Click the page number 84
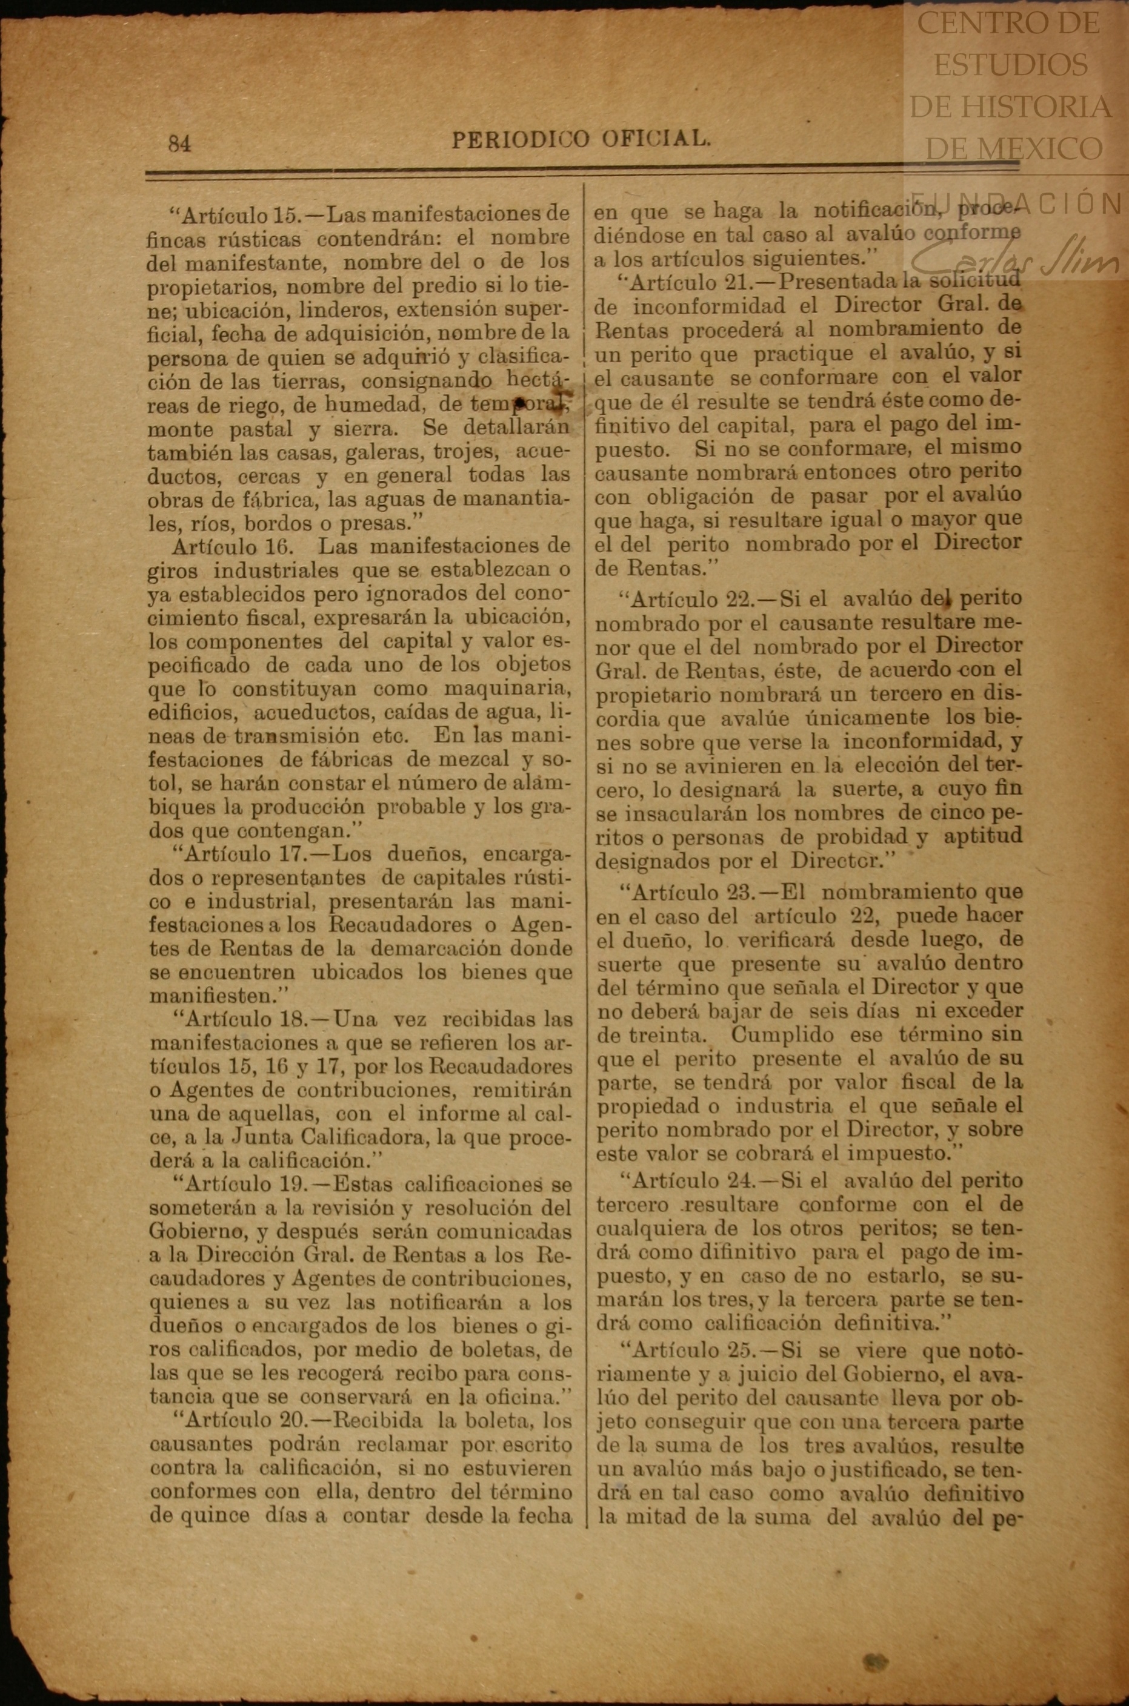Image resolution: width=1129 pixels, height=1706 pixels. click(180, 144)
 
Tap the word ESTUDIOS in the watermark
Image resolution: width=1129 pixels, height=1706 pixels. click(1010, 65)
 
